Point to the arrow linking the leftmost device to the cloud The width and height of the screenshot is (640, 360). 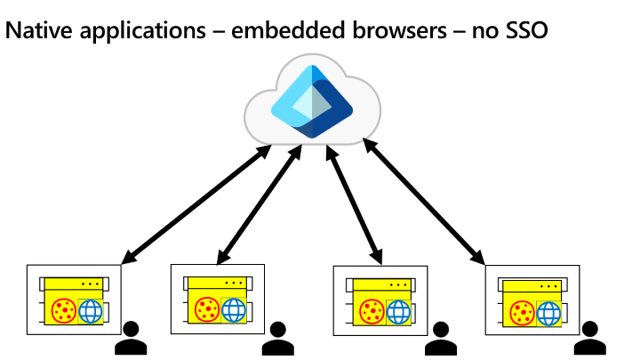[x=196, y=204]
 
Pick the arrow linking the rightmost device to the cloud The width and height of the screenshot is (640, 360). [x=425, y=204]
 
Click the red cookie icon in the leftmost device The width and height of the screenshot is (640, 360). [x=64, y=311]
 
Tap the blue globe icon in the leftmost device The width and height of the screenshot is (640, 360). [x=91, y=312]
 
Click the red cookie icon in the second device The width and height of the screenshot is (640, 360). [x=206, y=309]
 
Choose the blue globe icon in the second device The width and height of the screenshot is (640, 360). [x=233, y=310]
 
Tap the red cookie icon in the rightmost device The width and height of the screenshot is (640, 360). [x=523, y=313]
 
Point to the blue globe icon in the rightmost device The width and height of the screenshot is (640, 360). [x=549, y=314]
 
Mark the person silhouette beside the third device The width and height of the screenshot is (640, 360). [x=439, y=339]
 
